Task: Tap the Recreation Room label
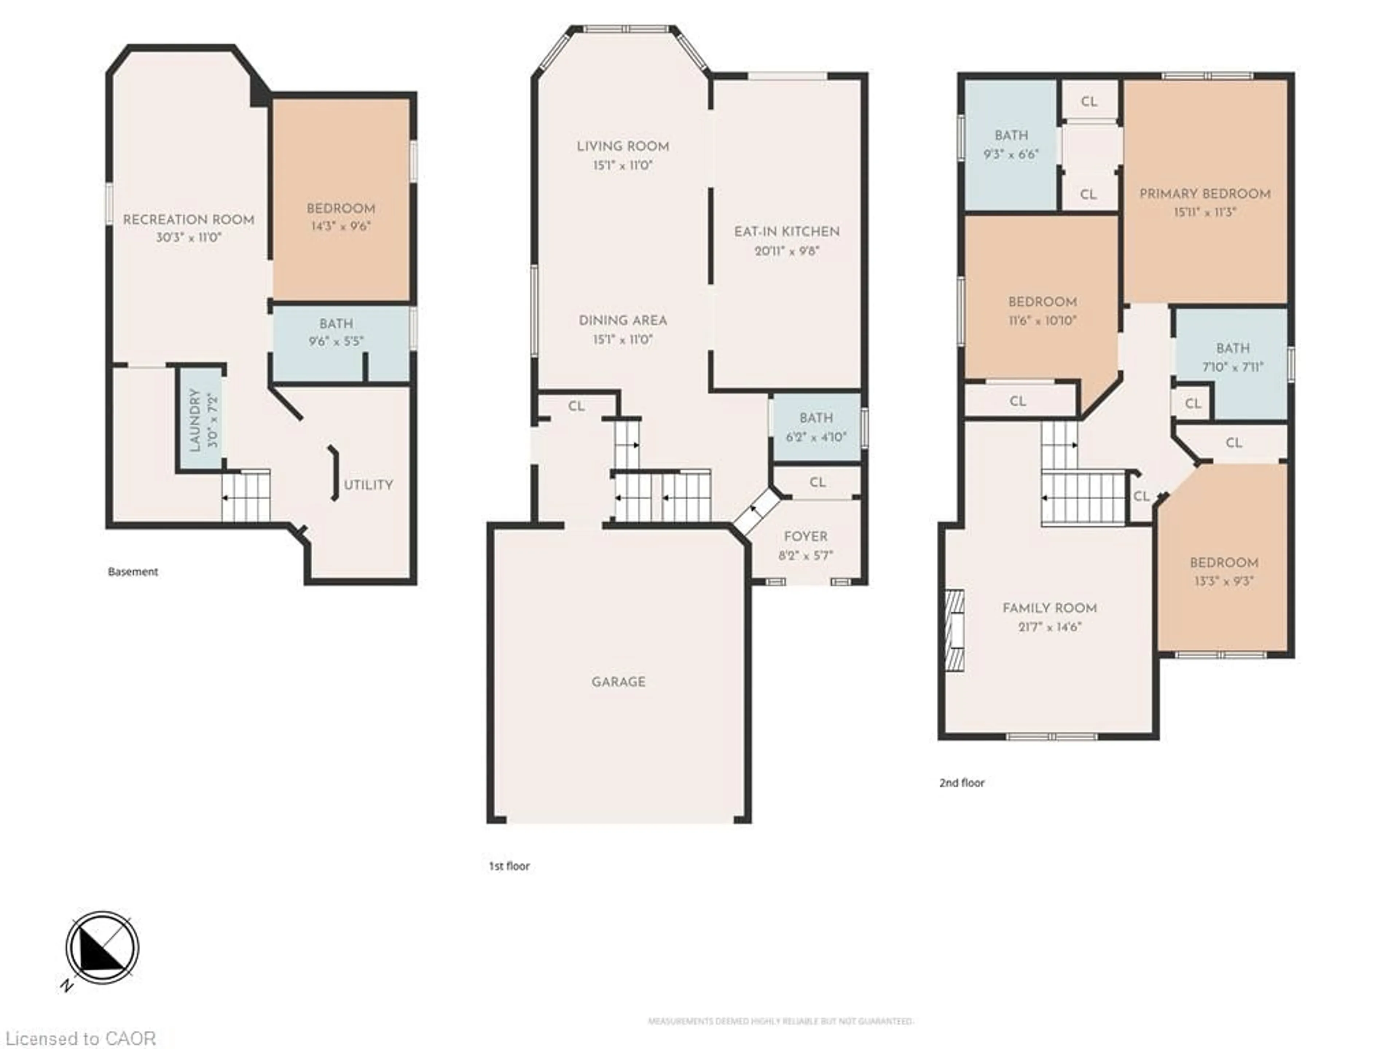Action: click(x=188, y=219)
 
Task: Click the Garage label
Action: click(x=619, y=681)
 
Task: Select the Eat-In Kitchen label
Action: click(x=787, y=231)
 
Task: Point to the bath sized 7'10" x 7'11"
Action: click(x=1233, y=357)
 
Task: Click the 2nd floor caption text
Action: click(x=961, y=783)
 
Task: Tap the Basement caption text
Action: click(x=133, y=571)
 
